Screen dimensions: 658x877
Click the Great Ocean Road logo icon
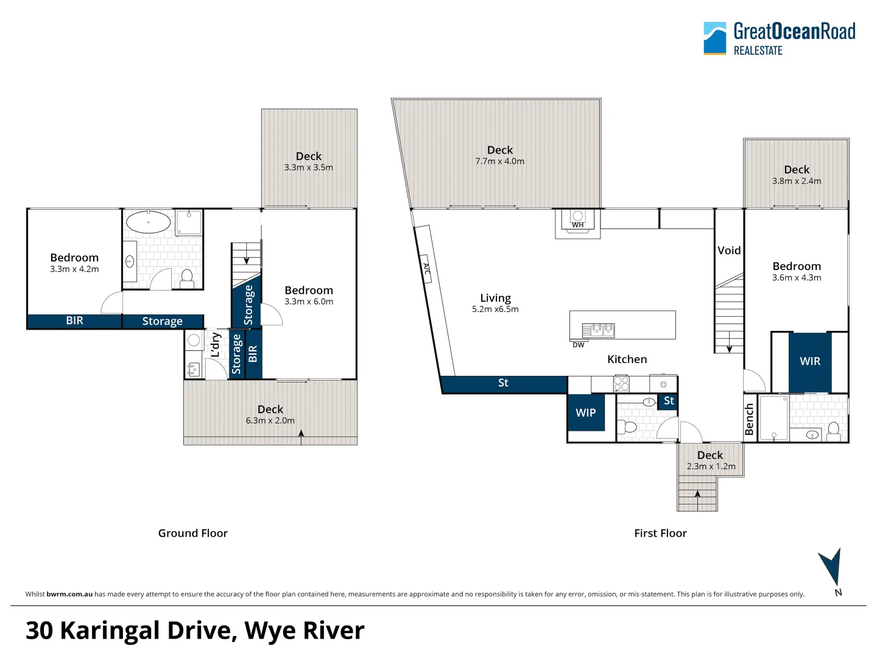click(714, 38)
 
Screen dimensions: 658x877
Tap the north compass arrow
click(831, 567)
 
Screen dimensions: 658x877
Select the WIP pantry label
click(585, 413)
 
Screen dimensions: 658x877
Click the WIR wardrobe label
click(809, 361)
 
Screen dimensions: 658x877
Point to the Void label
click(729, 250)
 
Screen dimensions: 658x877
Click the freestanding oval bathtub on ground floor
click(148, 222)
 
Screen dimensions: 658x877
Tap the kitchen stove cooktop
click(621, 384)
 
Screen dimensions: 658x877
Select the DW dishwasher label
click(578, 345)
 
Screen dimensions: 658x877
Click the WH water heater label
click(577, 225)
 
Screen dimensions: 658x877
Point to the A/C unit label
click(426, 269)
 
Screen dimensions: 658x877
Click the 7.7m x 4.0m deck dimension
click(499, 161)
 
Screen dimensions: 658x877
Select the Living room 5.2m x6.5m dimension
click(495, 310)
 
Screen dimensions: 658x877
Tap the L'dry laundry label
click(215, 345)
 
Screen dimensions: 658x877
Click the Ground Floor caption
click(192, 533)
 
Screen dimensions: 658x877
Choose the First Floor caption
click(660, 533)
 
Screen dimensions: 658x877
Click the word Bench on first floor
click(749, 419)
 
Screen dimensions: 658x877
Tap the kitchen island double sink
click(598, 330)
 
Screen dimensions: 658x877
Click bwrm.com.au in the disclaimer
click(69, 594)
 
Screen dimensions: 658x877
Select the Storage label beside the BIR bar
click(162, 321)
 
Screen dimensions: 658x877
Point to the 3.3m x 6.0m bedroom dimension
click(308, 302)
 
